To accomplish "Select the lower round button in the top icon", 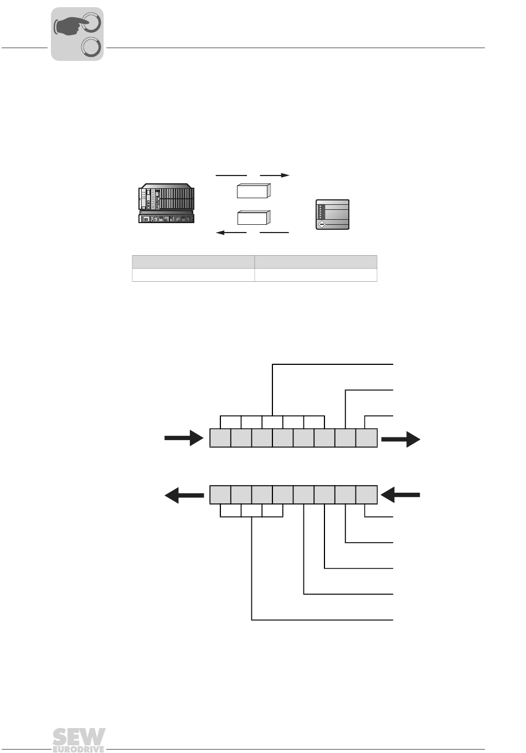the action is (91, 47).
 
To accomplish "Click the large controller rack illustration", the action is (166, 203).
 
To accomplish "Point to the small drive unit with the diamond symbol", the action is (332, 214).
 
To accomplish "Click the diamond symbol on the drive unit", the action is (322, 224).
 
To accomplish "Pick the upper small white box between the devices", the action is (254, 190).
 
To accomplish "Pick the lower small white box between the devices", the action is (254, 218).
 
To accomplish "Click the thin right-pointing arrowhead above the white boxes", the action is (285, 175).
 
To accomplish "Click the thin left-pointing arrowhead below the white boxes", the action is (220, 233).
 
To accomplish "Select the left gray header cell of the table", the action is (193, 262).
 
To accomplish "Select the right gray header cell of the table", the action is (316, 262).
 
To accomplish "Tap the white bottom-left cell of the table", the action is (193, 275).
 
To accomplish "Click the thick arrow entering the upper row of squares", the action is (184, 437).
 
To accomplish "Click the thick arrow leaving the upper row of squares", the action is (401, 439).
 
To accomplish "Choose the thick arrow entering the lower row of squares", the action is (400, 495).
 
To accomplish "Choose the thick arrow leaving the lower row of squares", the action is (184, 495).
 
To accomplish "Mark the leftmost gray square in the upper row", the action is (220, 437).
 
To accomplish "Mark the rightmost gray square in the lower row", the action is (367, 495).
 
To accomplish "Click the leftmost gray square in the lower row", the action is (220, 495).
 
